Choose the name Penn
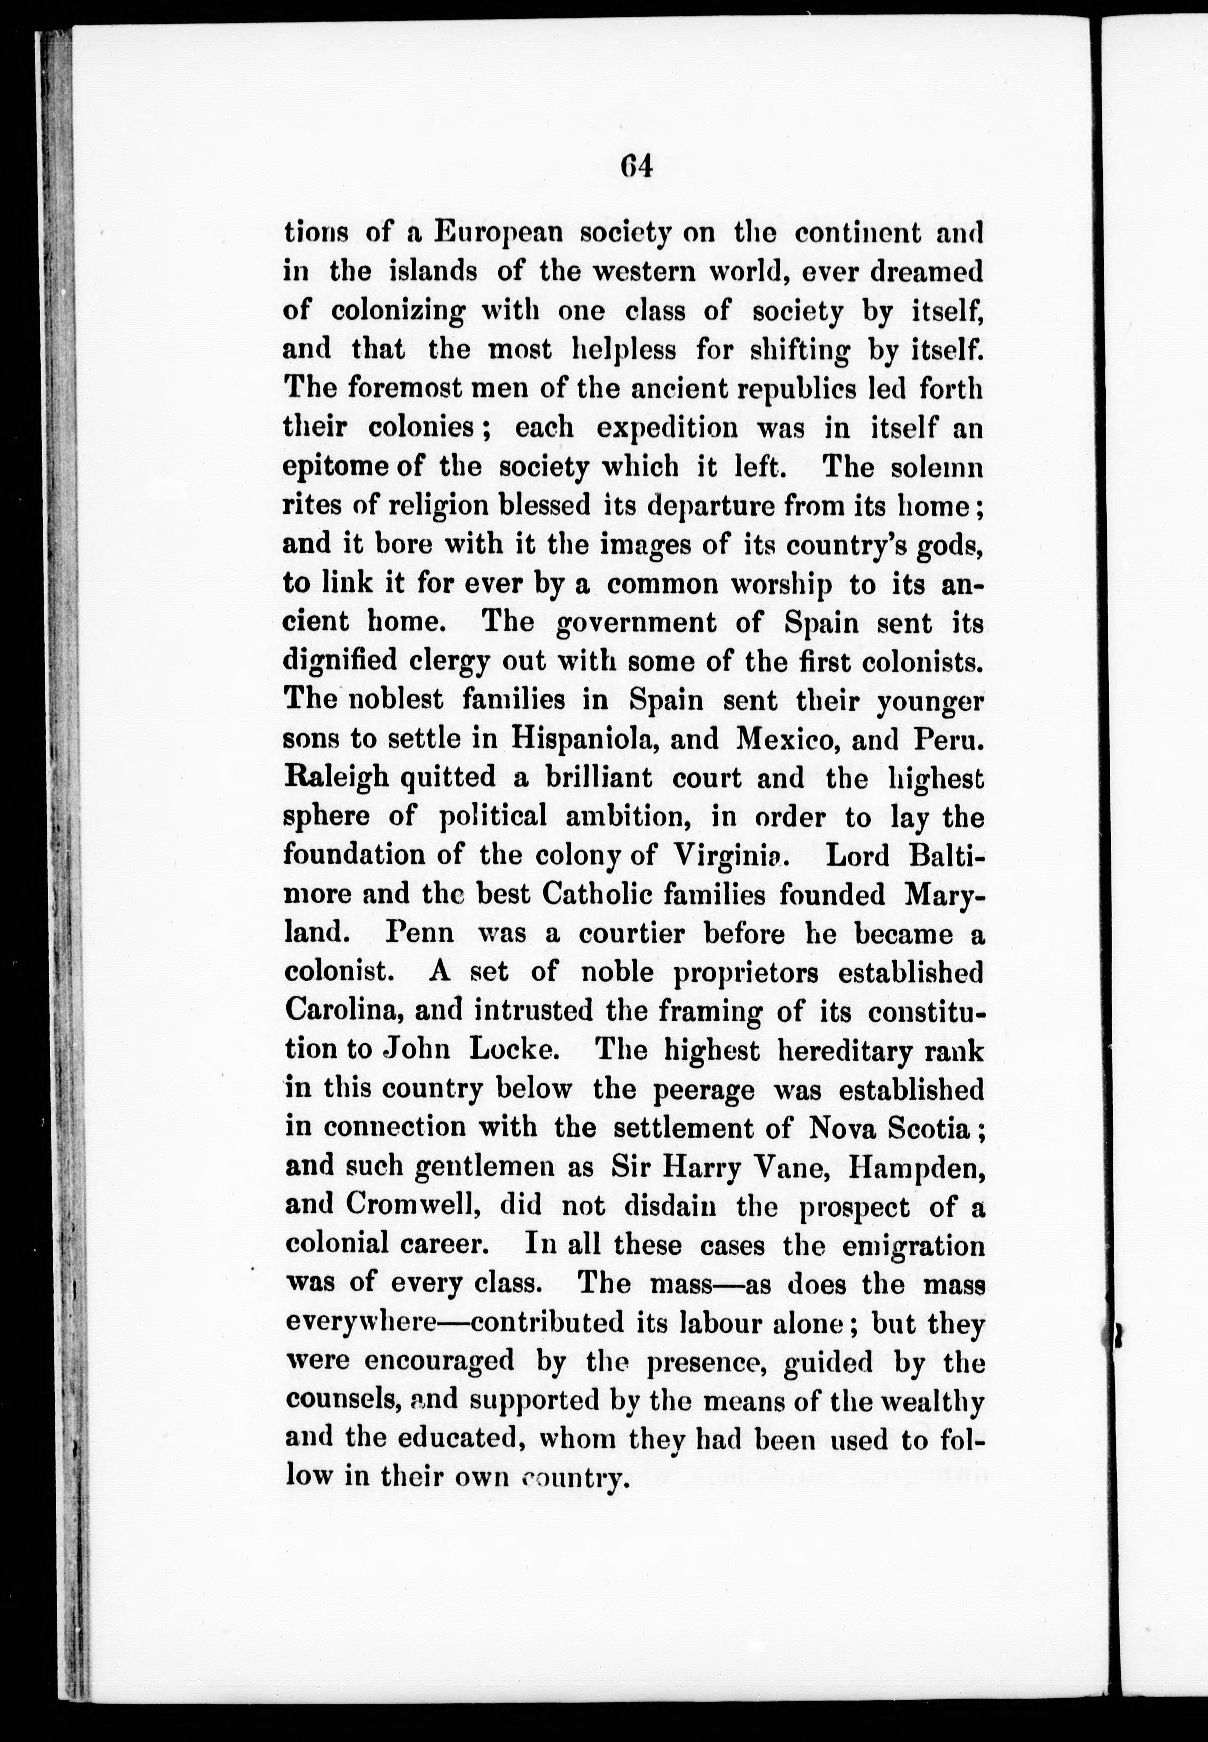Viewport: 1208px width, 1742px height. (419, 933)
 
